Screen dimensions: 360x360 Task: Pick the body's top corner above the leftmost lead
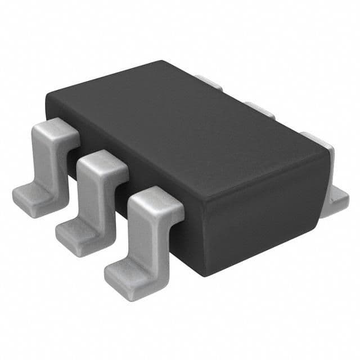click(47, 97)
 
